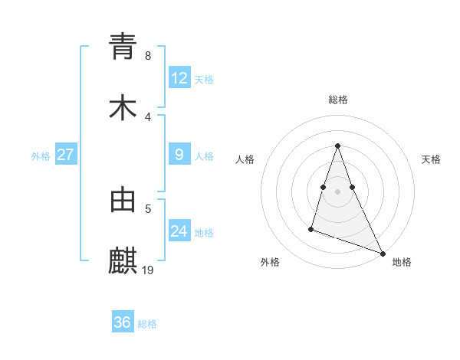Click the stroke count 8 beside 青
point(147,55)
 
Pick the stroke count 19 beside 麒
point(149,270)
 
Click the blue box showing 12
point(179,78)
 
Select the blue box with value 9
point(179,155)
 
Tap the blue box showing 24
point(179,231)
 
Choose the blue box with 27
point(66,155)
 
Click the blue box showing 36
point(123,322)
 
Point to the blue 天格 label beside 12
point(204,79)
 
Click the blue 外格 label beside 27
point(41,155)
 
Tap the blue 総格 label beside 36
point(147,323)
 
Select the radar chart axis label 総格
point(338,100)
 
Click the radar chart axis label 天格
point(431,159)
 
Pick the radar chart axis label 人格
point(245,159)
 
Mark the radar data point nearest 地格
point(383,254)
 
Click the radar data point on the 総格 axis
point(338,146)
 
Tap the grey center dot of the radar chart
point(338,191)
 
